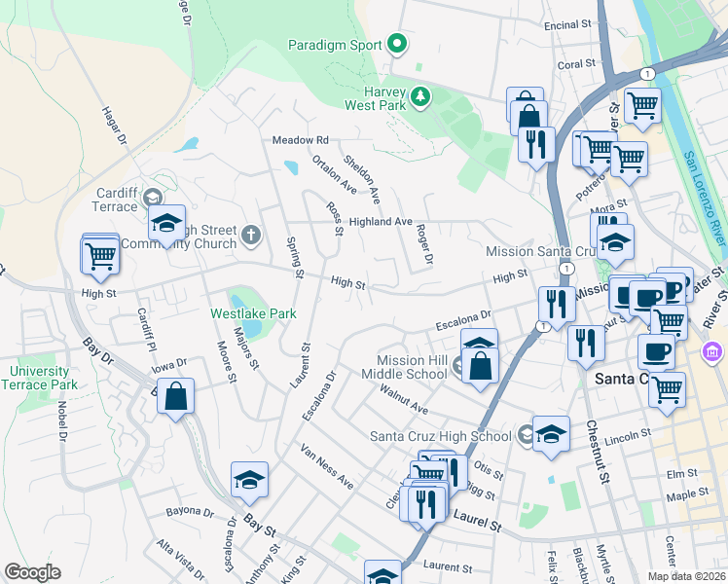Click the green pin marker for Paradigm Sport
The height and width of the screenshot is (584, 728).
tap(397, 44)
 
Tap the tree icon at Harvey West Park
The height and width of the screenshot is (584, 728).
tap(420, 95)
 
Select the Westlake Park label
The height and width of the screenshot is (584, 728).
tap(253, 313)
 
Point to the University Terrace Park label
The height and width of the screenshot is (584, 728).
tap(40, 378)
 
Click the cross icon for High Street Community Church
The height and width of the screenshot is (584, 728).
tap(251, 234)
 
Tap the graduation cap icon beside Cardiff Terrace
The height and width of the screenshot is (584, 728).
tap(166, 223)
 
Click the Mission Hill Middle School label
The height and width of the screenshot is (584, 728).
tap(404, 366)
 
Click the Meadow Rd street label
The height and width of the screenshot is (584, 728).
tap(301, 140)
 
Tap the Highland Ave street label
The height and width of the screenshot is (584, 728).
tap(382, 222)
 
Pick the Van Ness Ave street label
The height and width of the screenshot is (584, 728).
tap(326, 467)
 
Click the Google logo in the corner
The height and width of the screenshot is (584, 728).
tap(32, 572)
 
